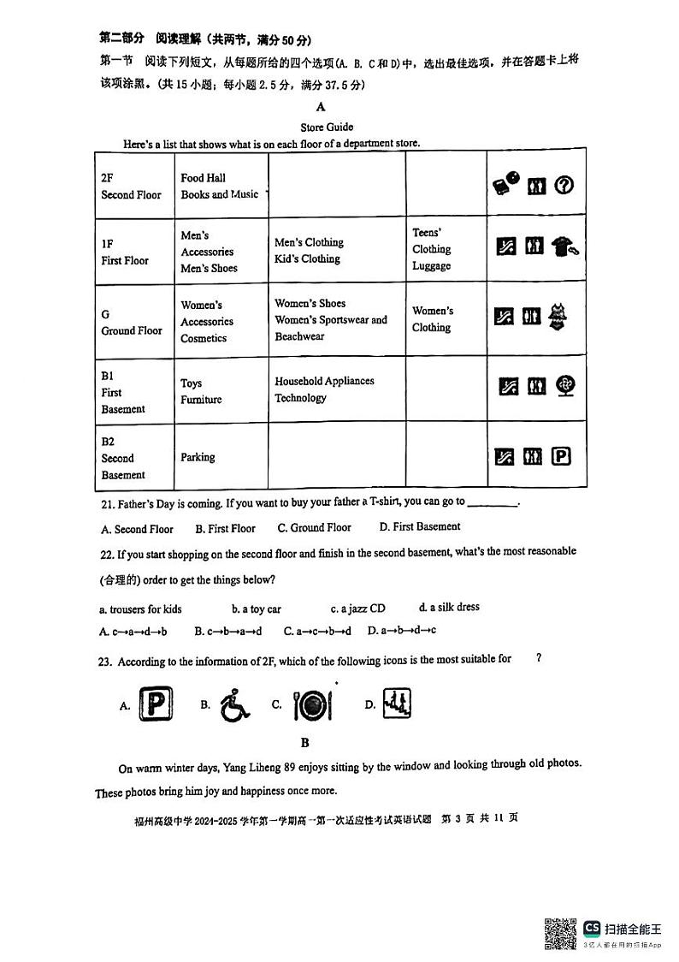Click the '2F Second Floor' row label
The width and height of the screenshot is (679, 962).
click(x=131, y=187)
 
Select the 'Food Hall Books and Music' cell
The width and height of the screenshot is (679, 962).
click(x=219, y=187)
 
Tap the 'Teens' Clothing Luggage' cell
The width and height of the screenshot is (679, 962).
click(x=432, y=249)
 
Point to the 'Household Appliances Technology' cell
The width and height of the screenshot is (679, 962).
click(x=324, y=389)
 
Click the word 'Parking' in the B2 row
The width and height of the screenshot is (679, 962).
click(x=198, y=457)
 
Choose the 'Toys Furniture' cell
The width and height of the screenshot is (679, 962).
click(x=201, y=391)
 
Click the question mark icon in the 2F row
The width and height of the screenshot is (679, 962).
click(x=564, y=185)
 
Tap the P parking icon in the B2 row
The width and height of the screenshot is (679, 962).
click(x=561, y=458)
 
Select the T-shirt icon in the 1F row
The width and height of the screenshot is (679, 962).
click(x=564, y=246)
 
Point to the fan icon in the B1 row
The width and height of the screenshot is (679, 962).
click(x=564, y=386)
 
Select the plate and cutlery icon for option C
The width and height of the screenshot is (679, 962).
click(x=312, y=705)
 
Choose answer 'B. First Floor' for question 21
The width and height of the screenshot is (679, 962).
click(x=225, y=529)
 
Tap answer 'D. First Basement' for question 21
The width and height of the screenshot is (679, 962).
click(x=420, y=527)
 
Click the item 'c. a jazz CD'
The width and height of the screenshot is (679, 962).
click(x=357, y=609)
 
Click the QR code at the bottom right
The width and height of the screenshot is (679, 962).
click(x=560, y=933)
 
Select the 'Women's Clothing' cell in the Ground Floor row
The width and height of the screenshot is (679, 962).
click(x=433, y=319)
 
